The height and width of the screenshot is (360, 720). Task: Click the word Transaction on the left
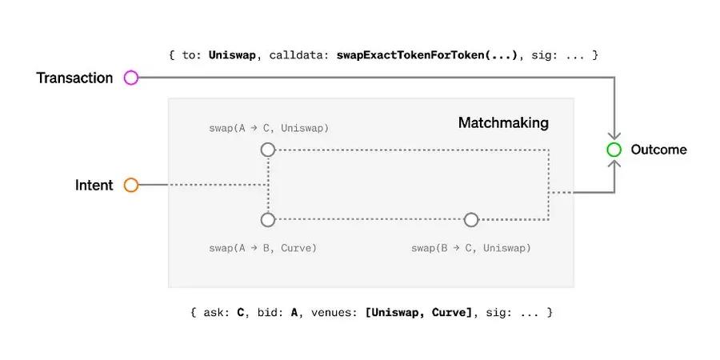point(74,78)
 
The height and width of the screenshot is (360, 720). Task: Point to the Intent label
point(94,185)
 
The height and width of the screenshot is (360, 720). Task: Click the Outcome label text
point(659,150)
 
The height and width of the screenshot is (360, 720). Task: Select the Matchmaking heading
point(503,123)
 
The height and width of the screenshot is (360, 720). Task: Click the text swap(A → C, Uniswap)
point(269,129)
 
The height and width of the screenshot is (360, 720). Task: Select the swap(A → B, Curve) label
point(262,249)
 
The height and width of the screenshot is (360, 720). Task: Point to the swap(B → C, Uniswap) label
point(470,249)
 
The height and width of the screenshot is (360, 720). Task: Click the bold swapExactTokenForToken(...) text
point(427,55)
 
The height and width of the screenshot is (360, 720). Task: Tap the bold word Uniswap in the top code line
point(232,55)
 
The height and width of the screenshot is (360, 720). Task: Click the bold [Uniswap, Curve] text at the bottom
point(418,313)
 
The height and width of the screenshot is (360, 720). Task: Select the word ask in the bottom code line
point(213,313)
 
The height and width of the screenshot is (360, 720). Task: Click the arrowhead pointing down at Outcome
point(614,135)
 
